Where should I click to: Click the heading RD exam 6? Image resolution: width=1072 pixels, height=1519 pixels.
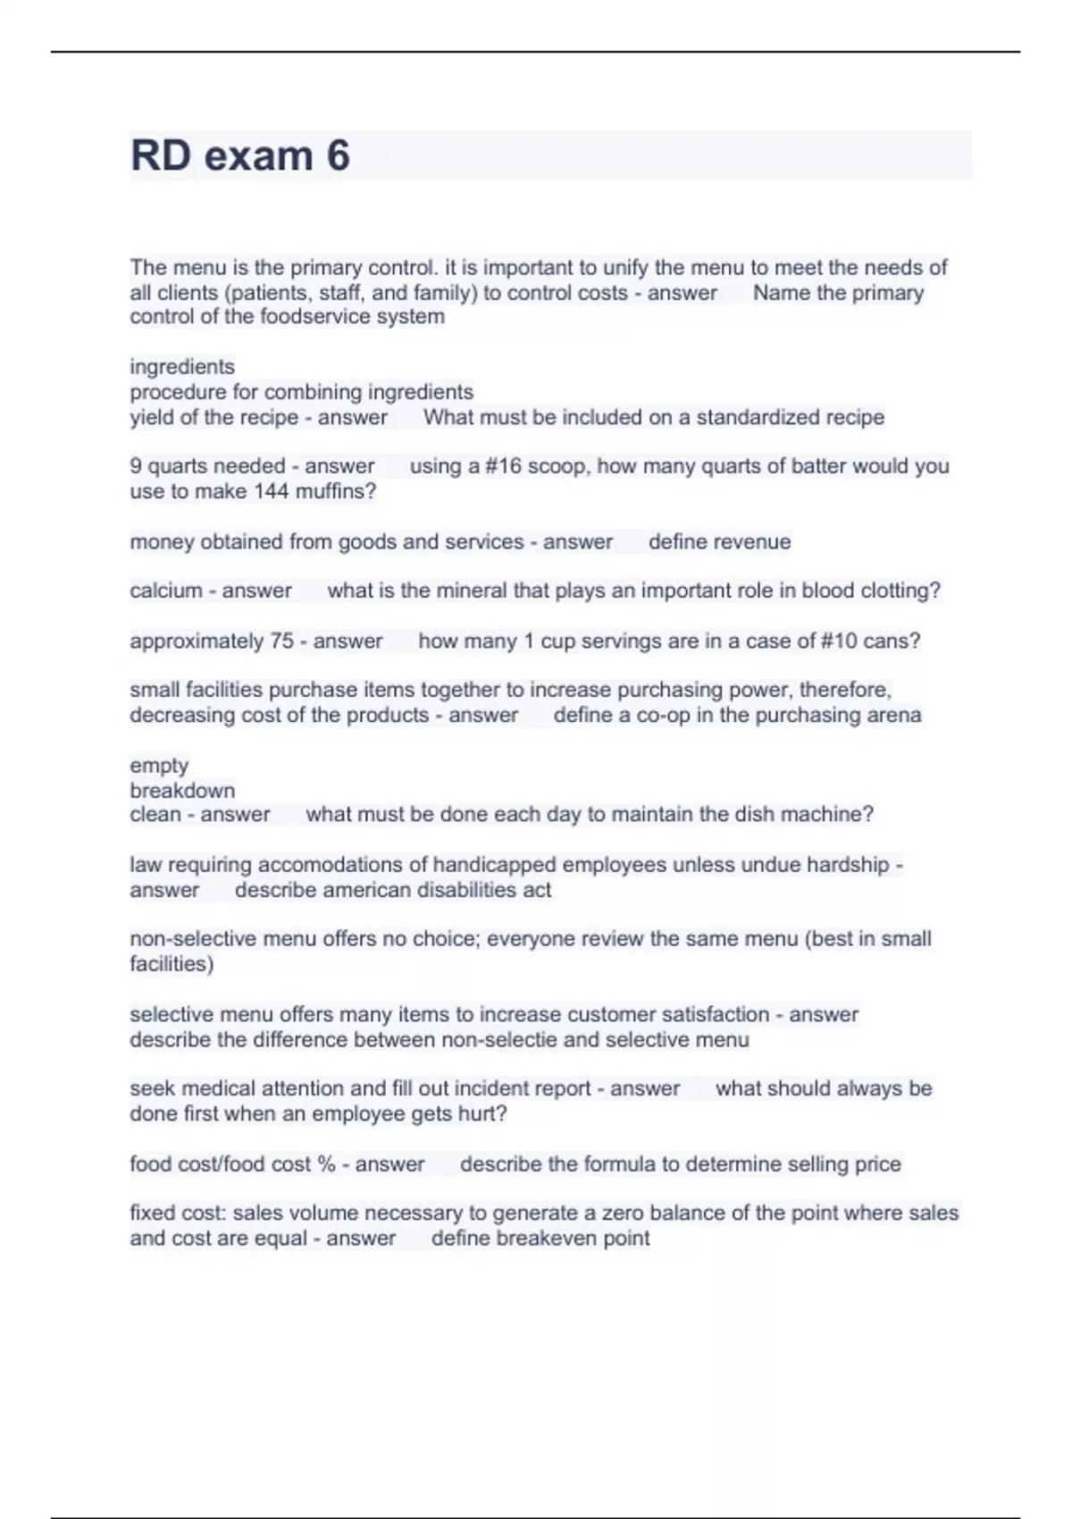pos(239,155)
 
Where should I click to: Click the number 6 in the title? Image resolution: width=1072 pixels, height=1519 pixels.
pos(338,155)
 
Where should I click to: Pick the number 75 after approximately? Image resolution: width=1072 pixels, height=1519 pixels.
pos(282,641)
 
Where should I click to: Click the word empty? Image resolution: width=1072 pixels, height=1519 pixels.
pos(159,766)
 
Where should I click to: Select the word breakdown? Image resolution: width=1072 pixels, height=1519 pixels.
pos(182,791)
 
